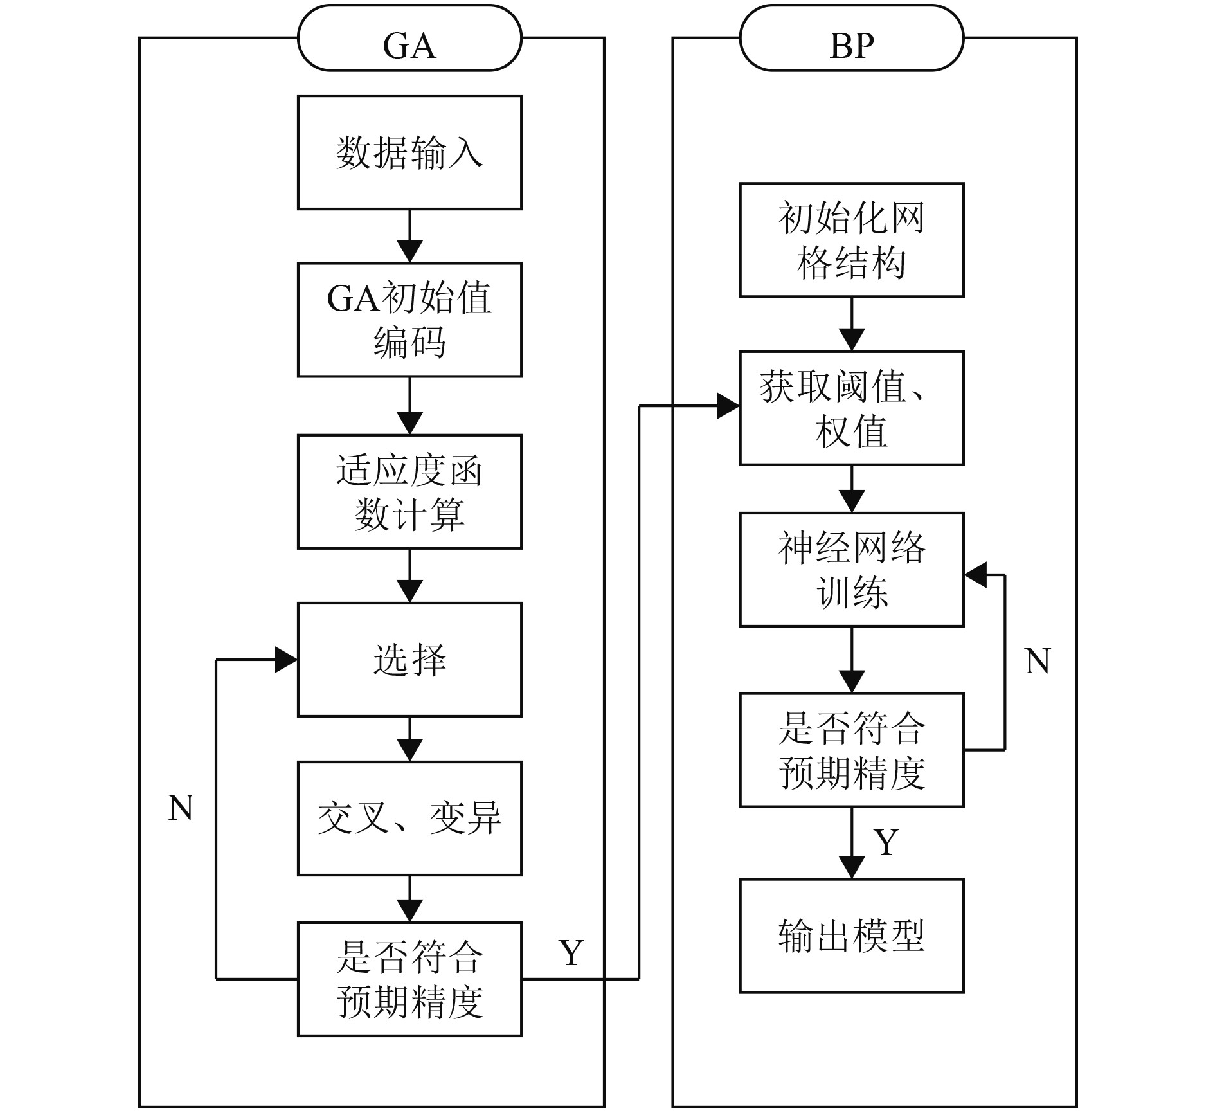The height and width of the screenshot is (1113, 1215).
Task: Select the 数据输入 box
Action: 410,152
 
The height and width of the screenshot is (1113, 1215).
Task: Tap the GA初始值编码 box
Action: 410,320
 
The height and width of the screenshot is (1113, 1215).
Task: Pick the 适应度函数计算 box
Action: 410,492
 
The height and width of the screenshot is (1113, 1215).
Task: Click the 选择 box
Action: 410,660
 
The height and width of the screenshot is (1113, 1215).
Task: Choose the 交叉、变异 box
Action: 410,819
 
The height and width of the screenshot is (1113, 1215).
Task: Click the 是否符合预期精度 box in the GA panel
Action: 410,979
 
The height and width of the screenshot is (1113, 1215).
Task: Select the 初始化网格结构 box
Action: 851,240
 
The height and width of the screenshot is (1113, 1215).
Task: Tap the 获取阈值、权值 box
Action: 851,408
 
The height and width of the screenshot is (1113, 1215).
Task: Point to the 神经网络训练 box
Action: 851,570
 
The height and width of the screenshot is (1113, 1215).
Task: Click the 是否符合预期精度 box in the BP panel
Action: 851,750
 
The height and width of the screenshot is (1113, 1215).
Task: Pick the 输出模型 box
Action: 851,936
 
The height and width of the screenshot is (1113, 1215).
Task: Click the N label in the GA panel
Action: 181,808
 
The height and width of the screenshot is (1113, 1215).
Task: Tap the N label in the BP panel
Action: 1037,662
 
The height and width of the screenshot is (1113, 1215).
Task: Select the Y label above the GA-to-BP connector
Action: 571,952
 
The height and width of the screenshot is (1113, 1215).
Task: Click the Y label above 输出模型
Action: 886,842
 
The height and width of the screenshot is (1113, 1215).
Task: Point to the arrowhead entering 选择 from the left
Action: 287,660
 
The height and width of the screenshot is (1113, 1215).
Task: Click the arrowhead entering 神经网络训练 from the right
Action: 975,575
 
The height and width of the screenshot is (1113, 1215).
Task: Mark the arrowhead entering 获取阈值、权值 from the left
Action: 729,406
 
